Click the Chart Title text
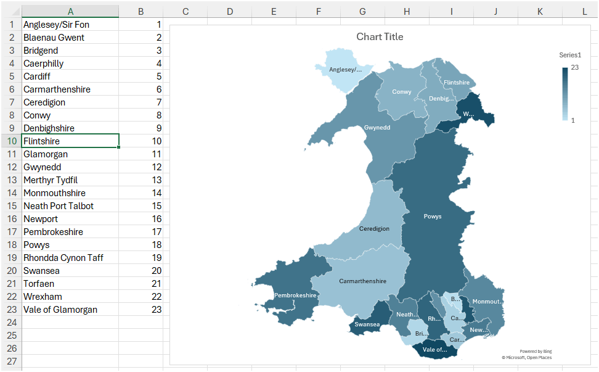[380, 37]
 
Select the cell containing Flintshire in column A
[70, 141]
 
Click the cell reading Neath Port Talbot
[70, 206]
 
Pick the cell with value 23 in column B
[141, 310]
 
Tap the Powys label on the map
[432, 217]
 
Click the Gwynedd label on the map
[377, 128]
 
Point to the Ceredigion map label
[374, 229]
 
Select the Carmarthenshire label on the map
[362, 281]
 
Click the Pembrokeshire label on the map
[295, 296]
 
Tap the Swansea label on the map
[367, 324]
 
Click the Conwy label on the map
[401, 93]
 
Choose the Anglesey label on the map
[345, 70]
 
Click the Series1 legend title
[570, 55]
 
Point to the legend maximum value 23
[574, 67]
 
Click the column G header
[362, 11]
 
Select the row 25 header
[10, 336]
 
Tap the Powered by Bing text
[535, 351]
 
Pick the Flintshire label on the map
[456, 83]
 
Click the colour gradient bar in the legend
[564, 94]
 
